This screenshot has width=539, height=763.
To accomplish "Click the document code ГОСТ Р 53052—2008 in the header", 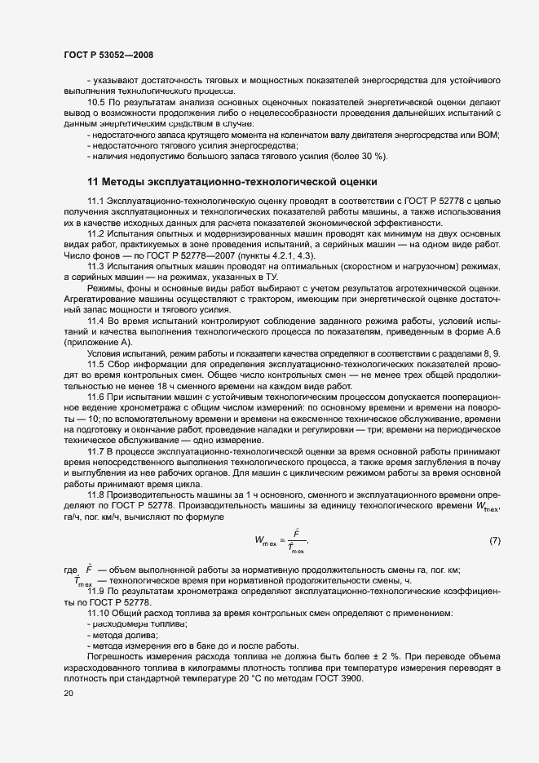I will (108, 55).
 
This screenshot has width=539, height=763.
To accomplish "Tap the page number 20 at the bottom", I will (68, 694).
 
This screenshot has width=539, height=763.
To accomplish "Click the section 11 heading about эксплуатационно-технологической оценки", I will (232, 181).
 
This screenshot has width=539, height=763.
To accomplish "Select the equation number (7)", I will (495, 541).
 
